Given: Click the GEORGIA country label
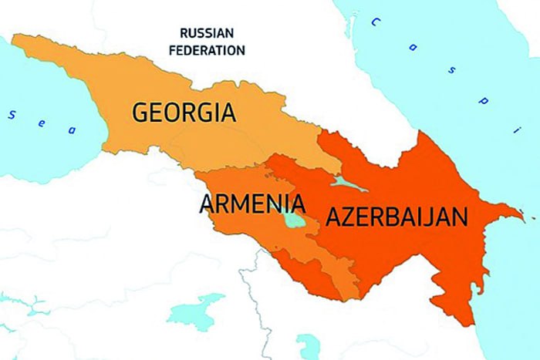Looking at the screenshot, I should coord(184,113).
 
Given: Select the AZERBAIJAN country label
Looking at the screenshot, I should coord(397,217).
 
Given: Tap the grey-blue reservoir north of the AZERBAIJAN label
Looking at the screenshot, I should coord(345,183).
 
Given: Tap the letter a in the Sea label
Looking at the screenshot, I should coord(72,130).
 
